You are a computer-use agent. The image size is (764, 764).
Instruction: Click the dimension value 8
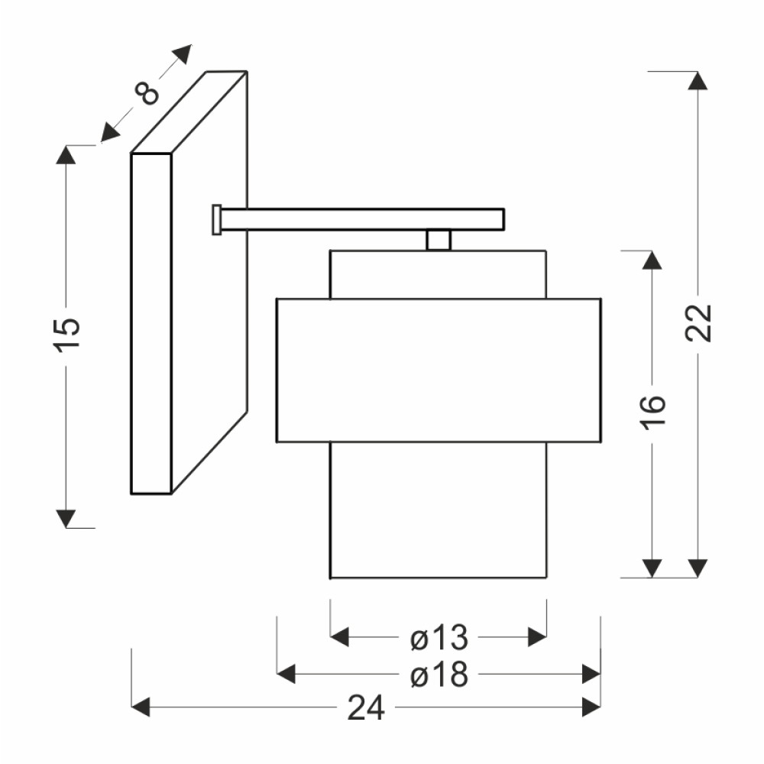click(147, 92)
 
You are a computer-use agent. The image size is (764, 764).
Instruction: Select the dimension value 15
click(66, 335)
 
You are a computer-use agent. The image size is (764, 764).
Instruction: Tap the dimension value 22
click(698, 322)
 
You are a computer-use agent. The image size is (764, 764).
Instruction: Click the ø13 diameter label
click(439, 637)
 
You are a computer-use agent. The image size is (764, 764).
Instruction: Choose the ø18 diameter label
click(439, 675)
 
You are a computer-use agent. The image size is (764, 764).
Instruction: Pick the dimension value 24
click(366, 707)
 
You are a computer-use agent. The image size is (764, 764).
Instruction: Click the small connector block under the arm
click(439, 240)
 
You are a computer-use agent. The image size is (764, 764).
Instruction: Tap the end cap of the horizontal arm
click(217, 220)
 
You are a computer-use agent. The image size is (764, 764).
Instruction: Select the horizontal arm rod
click(362, 220)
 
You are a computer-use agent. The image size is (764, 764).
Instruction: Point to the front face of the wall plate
click(151, 324)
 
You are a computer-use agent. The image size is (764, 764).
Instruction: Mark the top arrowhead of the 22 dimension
click(698, 81)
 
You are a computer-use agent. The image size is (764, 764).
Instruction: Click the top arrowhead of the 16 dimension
click(652, 260)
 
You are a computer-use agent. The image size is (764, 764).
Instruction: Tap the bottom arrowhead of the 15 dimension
click(66, 519)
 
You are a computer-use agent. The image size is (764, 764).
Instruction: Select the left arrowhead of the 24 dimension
click(141, 707)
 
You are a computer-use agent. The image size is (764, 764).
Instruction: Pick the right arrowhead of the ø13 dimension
click(537, 637)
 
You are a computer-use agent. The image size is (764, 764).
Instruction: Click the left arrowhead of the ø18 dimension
click(286, 674)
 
